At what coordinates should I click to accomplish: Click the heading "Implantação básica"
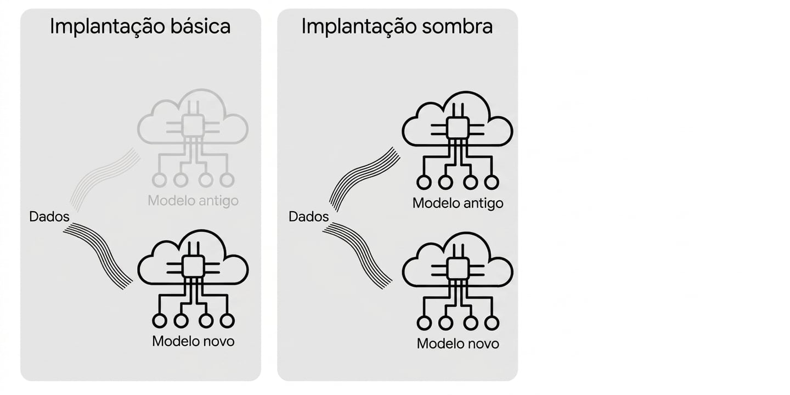(x=140, y=26)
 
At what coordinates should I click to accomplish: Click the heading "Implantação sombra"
(x=397, y=26)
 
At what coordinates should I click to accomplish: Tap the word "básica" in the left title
(x=200, y=26)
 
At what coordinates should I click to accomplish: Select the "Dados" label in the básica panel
(x=49, y=217)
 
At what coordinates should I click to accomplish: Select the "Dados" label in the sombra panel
(x=308, y=217)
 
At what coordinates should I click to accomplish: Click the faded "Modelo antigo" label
(x=193, y=201)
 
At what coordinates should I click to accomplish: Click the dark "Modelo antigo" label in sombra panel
(x=458, y=204)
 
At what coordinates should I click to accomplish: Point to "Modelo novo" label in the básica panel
(x=193, y=341)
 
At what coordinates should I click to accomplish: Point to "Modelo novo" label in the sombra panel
(x=458, y=344)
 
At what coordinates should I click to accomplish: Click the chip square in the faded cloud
(x=193, y=126)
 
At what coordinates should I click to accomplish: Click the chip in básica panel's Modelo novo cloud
(x=193, y=267)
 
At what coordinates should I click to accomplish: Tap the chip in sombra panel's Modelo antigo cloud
(x=458, y=128)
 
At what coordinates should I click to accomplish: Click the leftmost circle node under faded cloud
(x=160, y=180)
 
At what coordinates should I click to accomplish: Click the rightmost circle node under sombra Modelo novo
(x=492, y=323)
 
